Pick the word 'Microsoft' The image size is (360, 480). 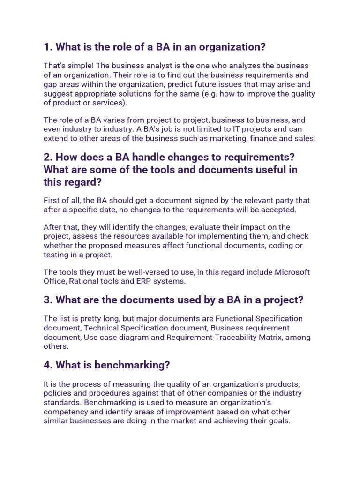pos(292,272)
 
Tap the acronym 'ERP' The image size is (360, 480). pos(142,281)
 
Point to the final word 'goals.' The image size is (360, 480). pos(279,421)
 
